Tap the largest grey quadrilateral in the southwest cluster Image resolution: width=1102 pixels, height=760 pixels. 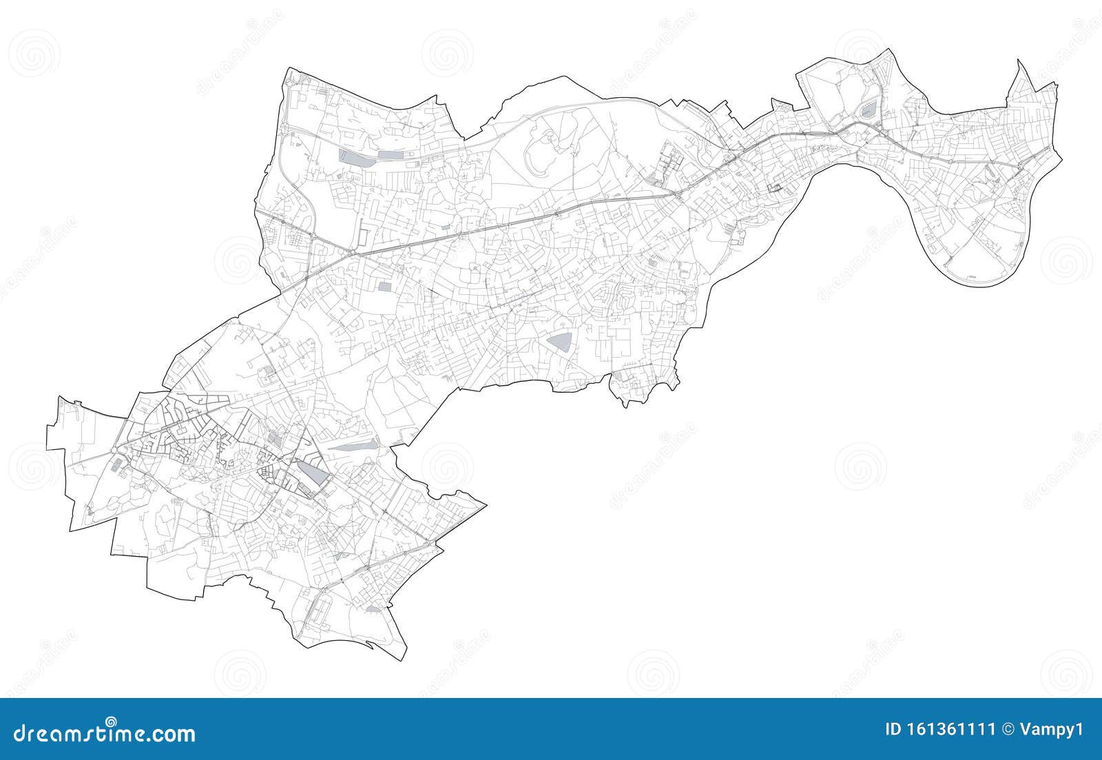[x=312, y=475]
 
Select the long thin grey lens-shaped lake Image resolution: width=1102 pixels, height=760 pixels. [x=353, y=446]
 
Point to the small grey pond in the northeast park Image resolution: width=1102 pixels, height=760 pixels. [x=869, y=108]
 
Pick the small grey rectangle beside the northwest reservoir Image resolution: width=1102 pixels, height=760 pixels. [x=390, y=155]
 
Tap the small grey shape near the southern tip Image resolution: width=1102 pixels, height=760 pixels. [x=373, y=609]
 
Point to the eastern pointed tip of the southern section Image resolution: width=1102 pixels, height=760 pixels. [x=486, y=504]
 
